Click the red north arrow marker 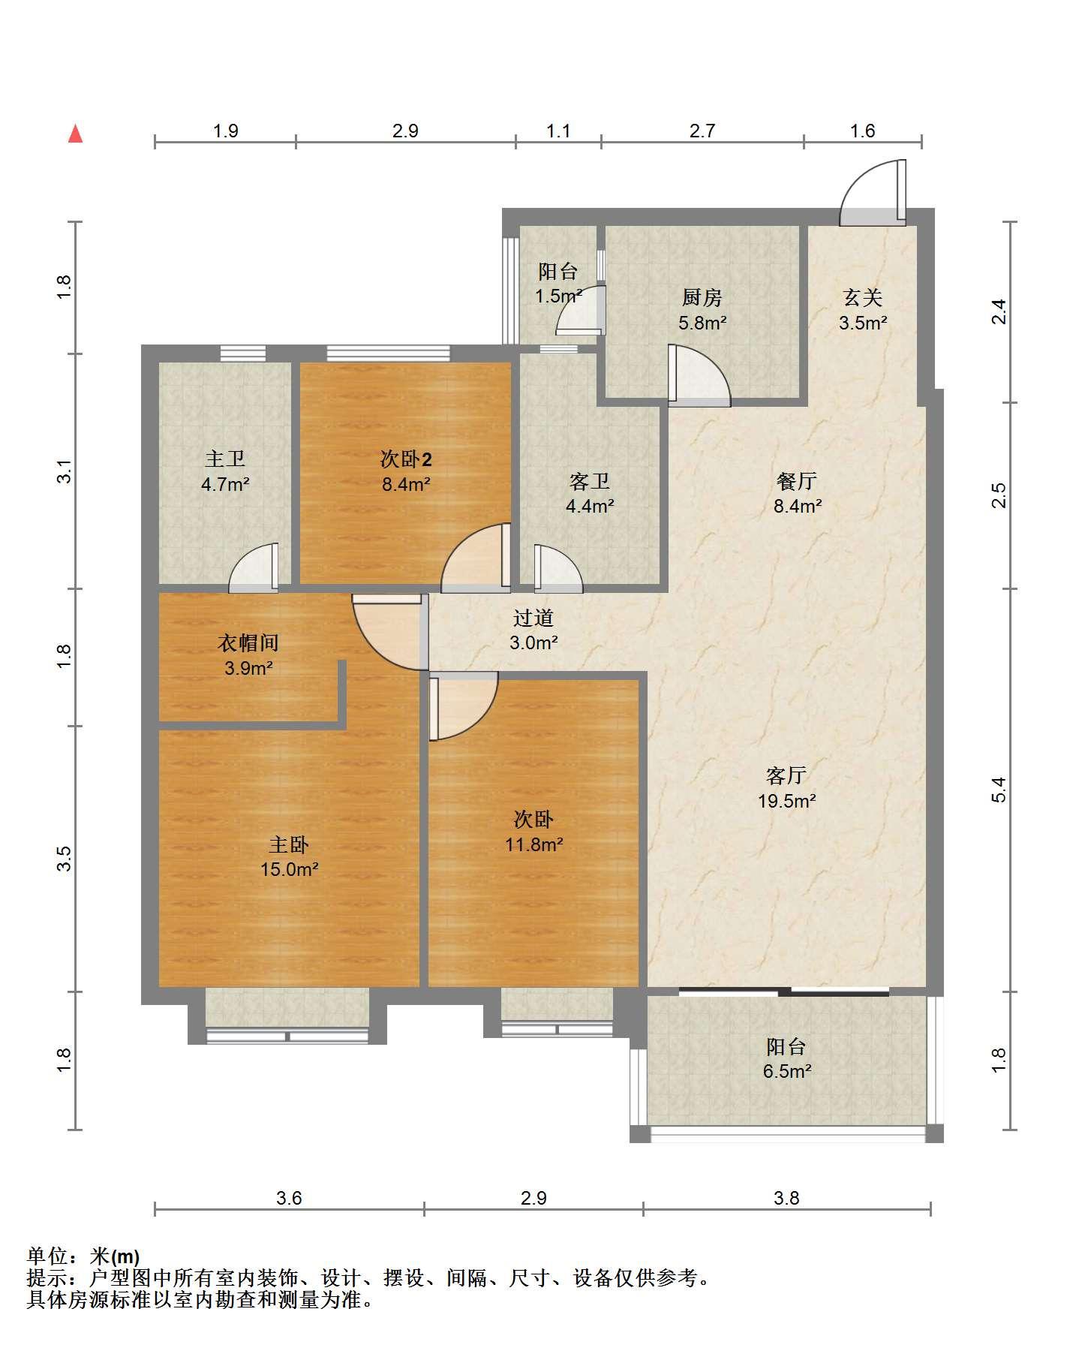click(x=75, y=134)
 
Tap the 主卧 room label click(x=289, y=845)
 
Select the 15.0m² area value click(x=289, y=870)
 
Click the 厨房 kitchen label click(x=702, y=298)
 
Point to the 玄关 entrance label click(x=863, y=298)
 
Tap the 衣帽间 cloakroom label click(x=248, y=642)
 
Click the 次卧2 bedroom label click(x=406, y=459)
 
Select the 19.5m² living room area click(x=786, y=801)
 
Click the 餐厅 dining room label click(x=797, y=480)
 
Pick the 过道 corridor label click(x=533, y=618)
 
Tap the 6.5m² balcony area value click(x=786, y=1071)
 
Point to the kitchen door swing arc click(x=699, y=375)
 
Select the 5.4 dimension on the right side click(x=999, y=790)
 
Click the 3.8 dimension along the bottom click(x=786, y=1199)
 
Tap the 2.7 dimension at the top click(x=702, y=131)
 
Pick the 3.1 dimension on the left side click(x=65, y=471)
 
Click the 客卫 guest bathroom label click(x=590, y=481)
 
